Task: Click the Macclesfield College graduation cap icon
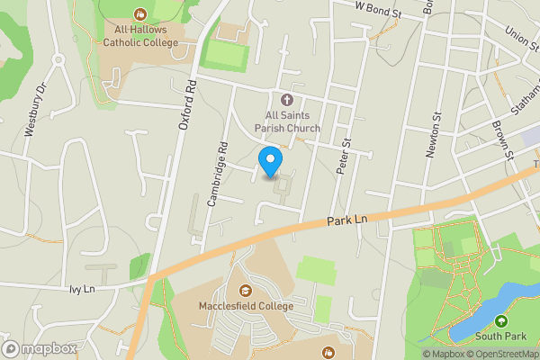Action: pos(246,290)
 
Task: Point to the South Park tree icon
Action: pos(500,321)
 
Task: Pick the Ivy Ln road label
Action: pos(81,289)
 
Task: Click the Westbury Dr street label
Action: pos(34,110)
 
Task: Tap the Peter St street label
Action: pos(343,144)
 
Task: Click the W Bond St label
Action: pos(378,6)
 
